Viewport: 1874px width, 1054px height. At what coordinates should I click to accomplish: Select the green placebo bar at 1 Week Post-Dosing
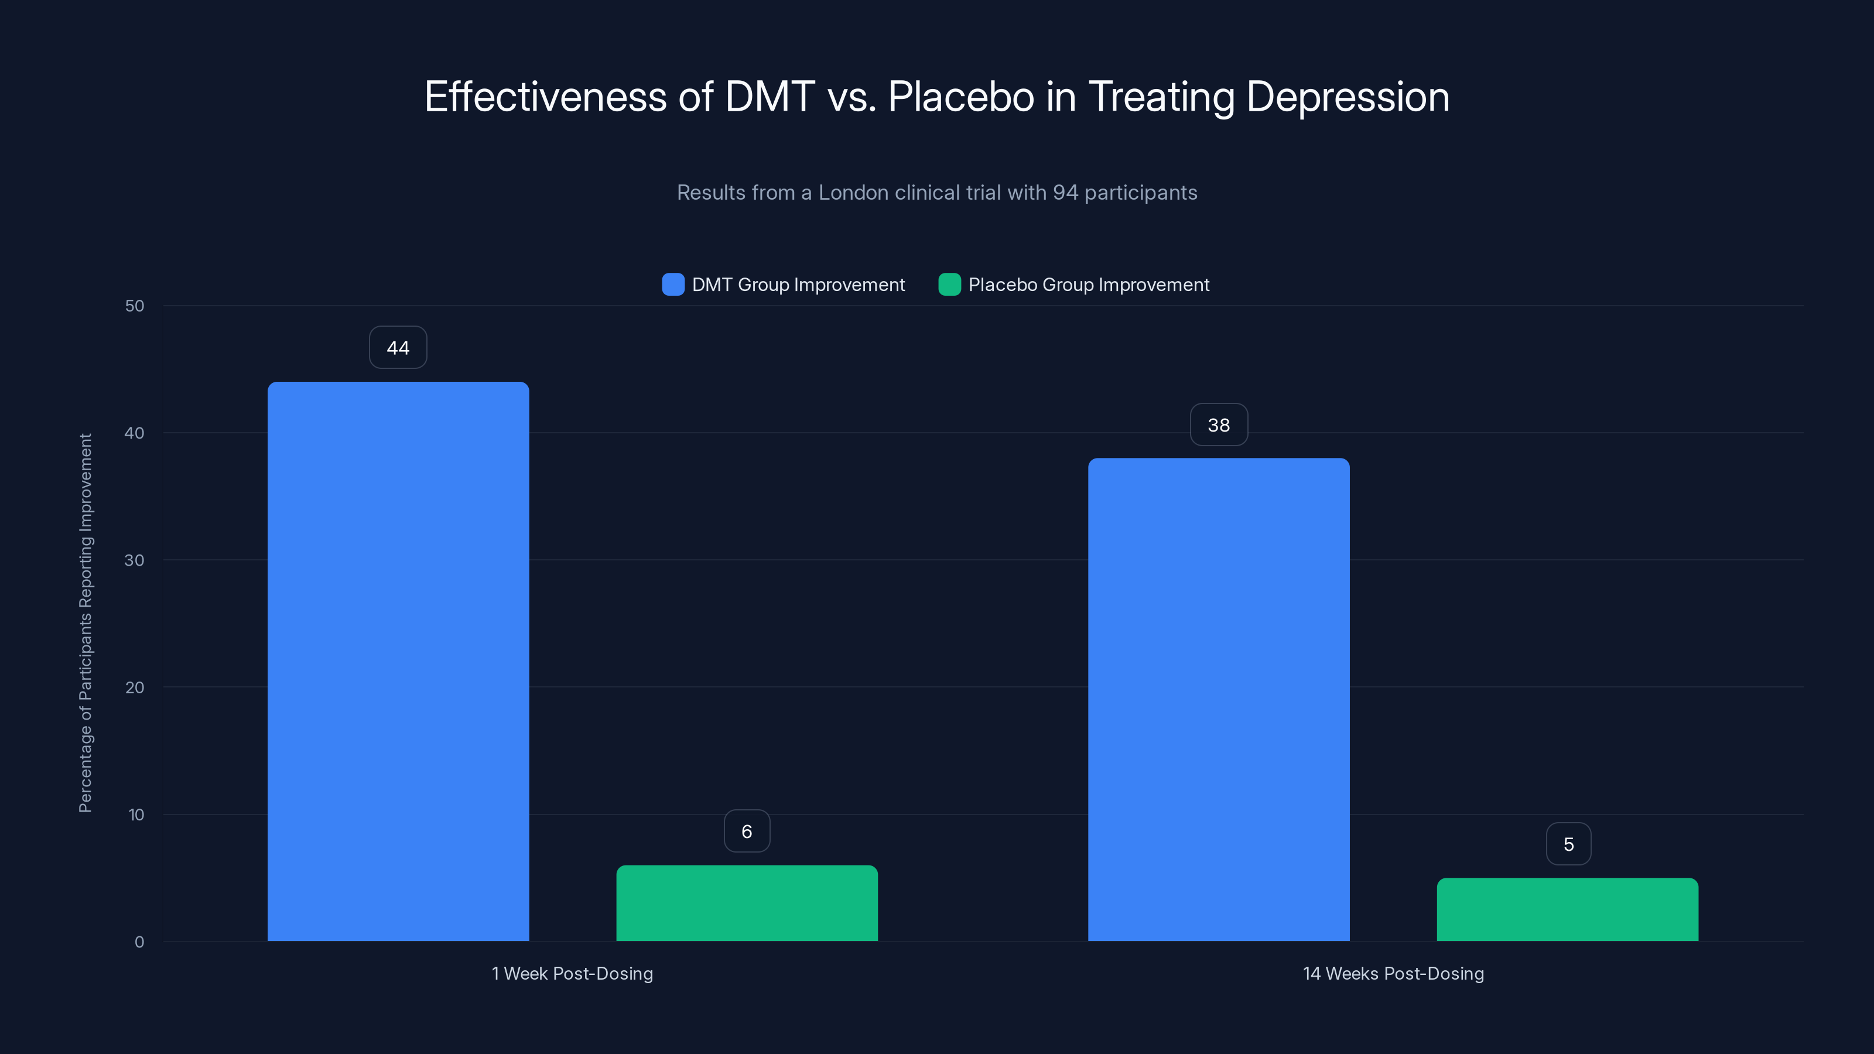click(x=747, y=903)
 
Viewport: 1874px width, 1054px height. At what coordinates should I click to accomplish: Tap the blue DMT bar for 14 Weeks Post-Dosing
click(x=1219, y=699)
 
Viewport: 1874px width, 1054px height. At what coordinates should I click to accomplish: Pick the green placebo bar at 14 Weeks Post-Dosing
click(x=1567, y=909)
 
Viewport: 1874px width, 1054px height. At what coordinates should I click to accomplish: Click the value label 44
click(x=398, y=348)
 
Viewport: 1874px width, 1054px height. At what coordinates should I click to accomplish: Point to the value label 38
click(x=1219, y=425)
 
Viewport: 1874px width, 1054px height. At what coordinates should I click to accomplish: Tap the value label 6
click(x=747, y=831)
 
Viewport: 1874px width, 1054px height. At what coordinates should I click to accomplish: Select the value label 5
click(x=1568, y=844)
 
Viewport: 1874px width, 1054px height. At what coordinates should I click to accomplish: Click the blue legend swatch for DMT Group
click(x=673, y=285)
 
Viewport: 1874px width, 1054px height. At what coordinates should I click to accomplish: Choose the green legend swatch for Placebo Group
click(x=949, y=285)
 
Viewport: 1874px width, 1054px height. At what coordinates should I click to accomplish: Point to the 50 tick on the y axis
click(x=135, y=306)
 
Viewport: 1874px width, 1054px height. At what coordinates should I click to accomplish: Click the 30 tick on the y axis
click(x=135, y=560)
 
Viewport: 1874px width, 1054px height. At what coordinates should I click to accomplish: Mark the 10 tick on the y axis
click(x=136, y=815)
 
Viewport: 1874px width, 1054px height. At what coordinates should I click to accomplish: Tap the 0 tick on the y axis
click(x=139, y=942)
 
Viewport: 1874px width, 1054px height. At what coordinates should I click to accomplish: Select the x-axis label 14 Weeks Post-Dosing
click(x=1393, y=973)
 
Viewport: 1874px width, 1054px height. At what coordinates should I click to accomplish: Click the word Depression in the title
click(x=1348, y=97)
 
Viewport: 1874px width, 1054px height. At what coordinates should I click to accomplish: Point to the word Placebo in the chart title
click(x=960, y=97)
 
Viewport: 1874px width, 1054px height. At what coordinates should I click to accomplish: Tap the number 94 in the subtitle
click(x=1065, y=193)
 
